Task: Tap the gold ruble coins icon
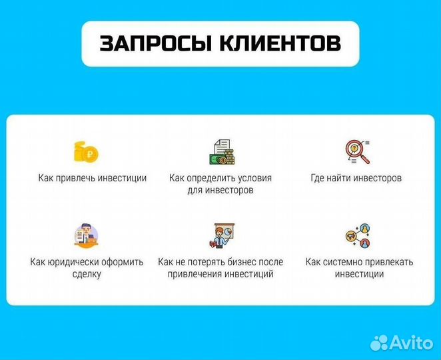pos(87,153)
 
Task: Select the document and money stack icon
pos(220,153)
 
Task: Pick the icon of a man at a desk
pos(87,235)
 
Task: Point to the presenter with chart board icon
pos(220,235)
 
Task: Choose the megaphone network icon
pos(358,235)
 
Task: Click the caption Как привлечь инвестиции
pos(92,178)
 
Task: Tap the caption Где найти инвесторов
pos(356,178)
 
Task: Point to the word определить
pos(211,178)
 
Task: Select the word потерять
pos(201,262)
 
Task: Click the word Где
pos(318,178)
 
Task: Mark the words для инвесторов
pos(220,190)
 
